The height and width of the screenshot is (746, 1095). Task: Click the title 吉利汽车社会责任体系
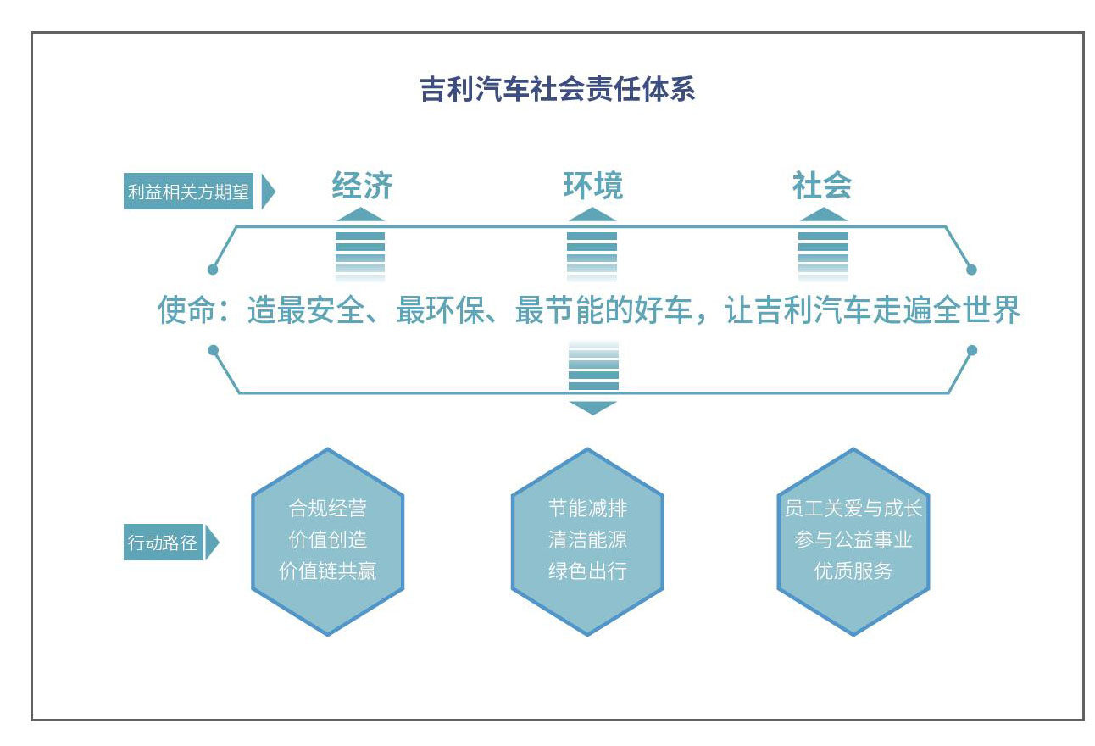pyautogui.click(x=558, y=90)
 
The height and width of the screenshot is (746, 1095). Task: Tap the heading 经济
pyautogui.click(x=362, y=186)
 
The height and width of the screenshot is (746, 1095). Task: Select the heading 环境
pyautogui.click(x=592, y=186)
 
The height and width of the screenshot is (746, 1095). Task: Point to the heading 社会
pyautogui.click(x=822, y=186)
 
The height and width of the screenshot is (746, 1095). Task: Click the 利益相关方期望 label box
pyautogui.click(x=189, y=192)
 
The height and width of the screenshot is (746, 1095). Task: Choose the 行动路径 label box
pyautogui.click(x=163, y=543)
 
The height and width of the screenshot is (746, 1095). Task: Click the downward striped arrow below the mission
pyautogui.click(x=593, y=378)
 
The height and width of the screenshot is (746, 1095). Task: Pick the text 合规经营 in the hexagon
pyautogui.click(x=328, y=509)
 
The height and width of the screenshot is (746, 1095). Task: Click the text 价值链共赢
pyautogui.click(x=328, y=571)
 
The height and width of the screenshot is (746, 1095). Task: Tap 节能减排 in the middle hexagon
pyautogui.click(x=587, y=509)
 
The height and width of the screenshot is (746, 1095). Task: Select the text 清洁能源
pyautogui.click(x=587, y=539)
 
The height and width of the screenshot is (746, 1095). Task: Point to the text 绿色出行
pyautogui.click(x=587, y=571)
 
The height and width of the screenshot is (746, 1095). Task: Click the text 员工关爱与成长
pyautogui.click(x=853, y=509)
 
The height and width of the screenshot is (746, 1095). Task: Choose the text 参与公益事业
pyautogui.click(x=853, y=539)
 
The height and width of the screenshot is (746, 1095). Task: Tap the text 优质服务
pyautogui.click(x=853, y=571)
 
